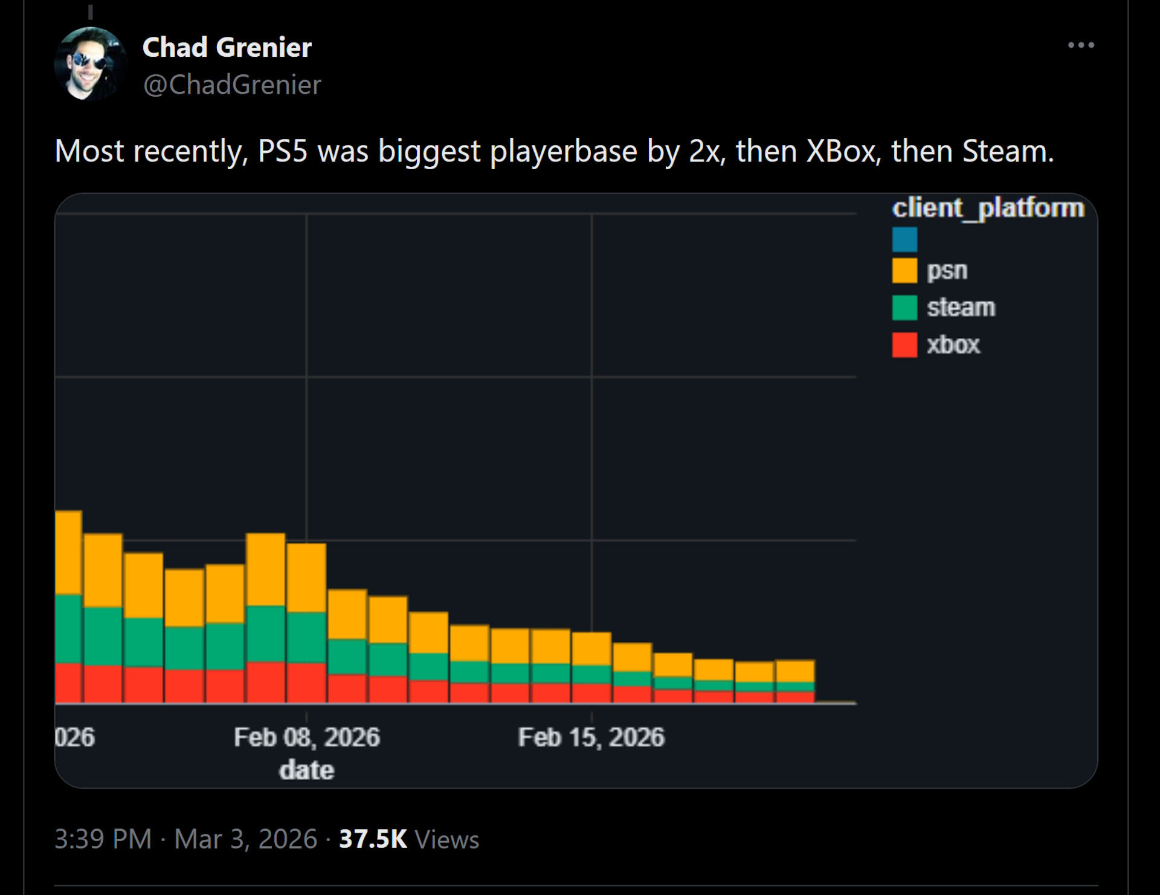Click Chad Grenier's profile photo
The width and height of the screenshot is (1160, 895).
(x=90, y=63)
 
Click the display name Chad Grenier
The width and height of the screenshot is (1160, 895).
(x=227, y=47)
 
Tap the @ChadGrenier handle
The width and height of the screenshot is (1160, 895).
(x=232, y=85)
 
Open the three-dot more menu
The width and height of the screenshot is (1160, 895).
(x=1081, y=45)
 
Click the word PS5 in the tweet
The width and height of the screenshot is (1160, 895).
(x=283, y=151)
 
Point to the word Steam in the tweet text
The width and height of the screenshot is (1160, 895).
(x=1007, y=151)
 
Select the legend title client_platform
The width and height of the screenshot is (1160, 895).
(x=988, y=208)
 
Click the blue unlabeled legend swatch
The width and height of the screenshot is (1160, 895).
(x=904, y=239)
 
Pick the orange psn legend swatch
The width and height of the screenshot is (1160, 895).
(x=904, y=271)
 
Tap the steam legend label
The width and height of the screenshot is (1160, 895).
(x=961, y=308)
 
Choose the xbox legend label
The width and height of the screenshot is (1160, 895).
(x=953, y=345)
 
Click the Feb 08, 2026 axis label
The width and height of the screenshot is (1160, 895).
(x=307, y=737)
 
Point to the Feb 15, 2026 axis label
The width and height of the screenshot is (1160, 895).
(x=591, y=737)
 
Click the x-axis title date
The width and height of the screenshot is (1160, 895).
(x=307, y=771)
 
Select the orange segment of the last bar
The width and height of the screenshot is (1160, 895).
(x=795, y=671)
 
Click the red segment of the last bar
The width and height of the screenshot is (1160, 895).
(x=795, y=697)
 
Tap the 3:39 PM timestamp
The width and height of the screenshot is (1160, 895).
(x=103, y=839)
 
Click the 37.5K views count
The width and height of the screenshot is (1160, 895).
(x=373, y=839)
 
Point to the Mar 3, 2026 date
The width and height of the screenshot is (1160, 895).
(x=245, y=839)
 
